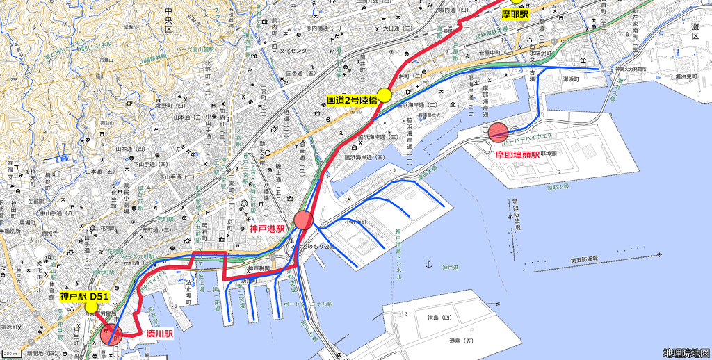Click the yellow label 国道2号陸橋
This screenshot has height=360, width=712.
(352, 100)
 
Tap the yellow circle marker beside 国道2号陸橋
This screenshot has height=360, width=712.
(385, 95)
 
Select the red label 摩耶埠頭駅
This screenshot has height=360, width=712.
(517, 155)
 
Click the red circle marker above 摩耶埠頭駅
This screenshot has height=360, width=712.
(499, 132)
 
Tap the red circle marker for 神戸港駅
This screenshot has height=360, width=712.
(304, 220)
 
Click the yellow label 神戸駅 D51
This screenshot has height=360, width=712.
(83, 296)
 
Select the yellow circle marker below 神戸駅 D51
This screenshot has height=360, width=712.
(91, 306)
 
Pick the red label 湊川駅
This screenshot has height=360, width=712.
(159, 334)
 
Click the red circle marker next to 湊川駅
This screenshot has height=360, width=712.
(111, 334)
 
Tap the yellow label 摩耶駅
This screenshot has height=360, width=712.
(515, 14)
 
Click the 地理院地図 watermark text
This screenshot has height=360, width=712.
(686, 353)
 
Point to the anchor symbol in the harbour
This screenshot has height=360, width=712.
(428, 265)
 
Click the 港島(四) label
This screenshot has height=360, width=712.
(439, 318)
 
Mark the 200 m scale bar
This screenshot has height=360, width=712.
(11, 354)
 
